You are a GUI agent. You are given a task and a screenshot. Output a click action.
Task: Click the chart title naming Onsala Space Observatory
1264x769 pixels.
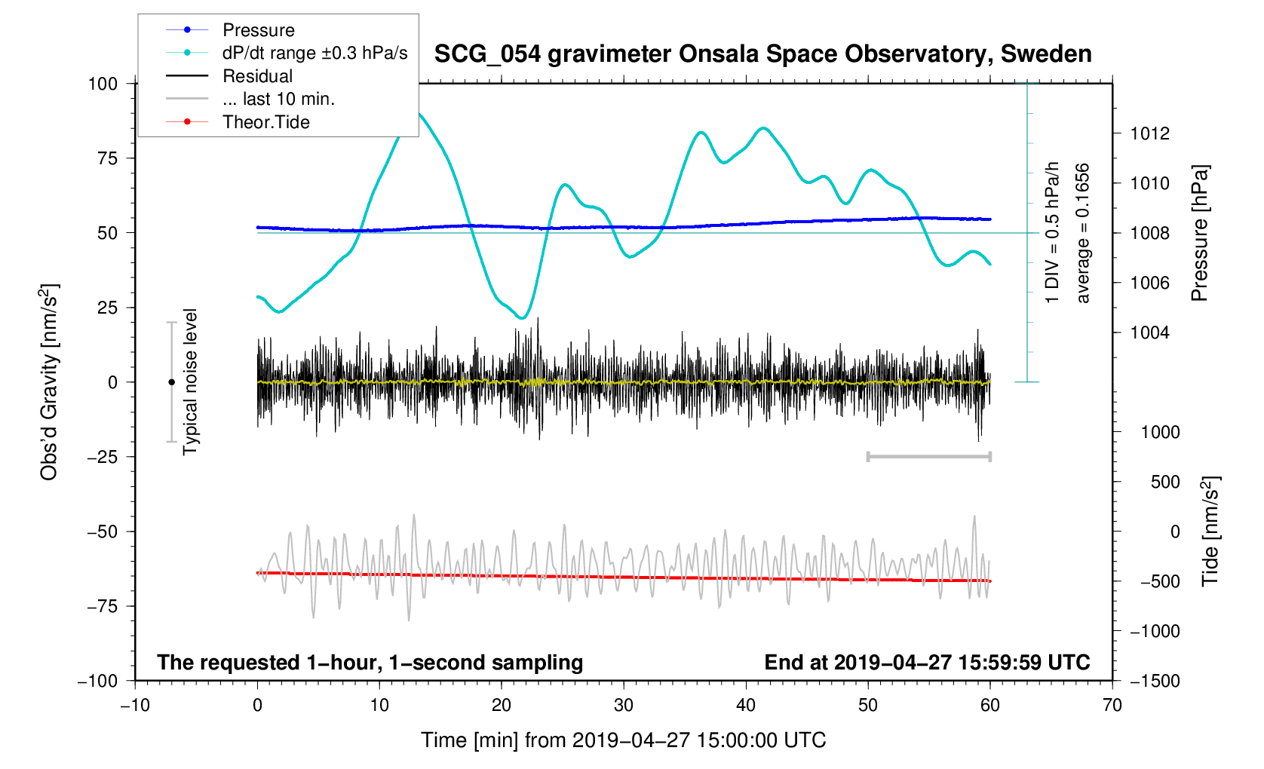762,54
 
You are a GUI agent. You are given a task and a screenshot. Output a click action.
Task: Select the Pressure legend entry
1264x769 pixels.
258,30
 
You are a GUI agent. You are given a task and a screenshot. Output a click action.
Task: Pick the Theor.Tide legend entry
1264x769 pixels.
265,122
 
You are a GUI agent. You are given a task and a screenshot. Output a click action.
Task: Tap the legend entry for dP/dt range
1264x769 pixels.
314,53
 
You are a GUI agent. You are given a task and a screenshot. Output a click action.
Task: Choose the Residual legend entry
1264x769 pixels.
257,76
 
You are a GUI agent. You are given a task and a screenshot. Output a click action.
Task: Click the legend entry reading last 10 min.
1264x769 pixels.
278,99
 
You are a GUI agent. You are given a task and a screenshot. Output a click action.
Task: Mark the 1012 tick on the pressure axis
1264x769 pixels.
1149,134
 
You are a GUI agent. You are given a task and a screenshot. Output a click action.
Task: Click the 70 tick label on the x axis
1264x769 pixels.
1112,706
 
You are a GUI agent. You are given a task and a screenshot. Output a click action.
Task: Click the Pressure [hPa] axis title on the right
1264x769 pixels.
1199,233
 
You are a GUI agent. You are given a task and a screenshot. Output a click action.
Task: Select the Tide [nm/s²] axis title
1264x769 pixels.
1210,532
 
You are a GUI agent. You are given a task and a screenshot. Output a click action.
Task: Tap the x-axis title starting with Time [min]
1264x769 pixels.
623,740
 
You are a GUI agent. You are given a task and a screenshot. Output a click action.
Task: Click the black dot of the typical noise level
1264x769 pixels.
171,382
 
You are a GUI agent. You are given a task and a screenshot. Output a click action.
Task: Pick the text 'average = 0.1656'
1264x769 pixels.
1083,233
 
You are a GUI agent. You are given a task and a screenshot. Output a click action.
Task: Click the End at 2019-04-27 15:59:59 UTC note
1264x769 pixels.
927,663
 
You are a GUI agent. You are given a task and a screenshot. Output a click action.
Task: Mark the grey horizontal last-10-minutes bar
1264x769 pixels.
928,456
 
